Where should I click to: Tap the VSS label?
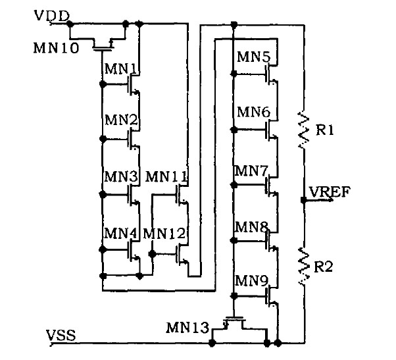point(61,335)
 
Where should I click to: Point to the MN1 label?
point(120,68)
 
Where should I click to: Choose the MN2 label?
point(120,120)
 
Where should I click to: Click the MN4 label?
point(120,233)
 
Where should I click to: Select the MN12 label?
point(165,233)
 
